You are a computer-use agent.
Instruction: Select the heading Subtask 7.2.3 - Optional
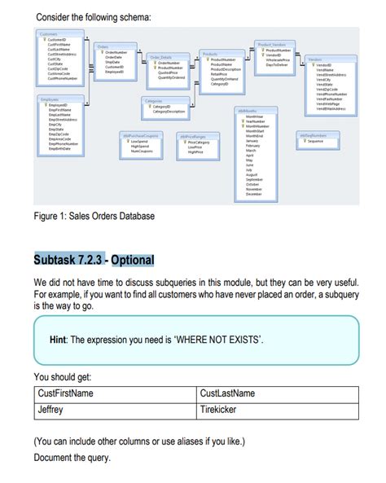[94, 261]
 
